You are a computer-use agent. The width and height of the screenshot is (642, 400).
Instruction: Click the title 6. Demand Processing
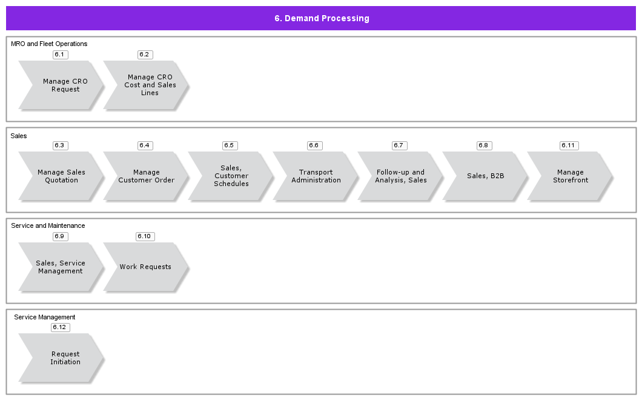tap(322, 18)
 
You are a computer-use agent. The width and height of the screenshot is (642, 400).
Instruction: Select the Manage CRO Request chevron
tap(61, 85)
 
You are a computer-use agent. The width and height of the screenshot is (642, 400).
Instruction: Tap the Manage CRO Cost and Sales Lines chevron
tap(145, 85)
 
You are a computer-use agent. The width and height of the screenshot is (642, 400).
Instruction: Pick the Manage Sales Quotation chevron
tap(61, 176)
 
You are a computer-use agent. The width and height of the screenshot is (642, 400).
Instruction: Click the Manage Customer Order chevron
tap(145, 176)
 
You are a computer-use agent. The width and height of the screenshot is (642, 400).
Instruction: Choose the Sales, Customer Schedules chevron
tap(230, 176)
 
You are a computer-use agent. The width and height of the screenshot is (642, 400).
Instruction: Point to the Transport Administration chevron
tap(315, 176)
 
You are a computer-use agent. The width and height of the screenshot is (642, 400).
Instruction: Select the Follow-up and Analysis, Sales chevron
tap(400, 176)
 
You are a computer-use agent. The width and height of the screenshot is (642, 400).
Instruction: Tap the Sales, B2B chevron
tap(485, 176)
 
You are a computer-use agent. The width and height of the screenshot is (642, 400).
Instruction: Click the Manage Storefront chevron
tap(569, 176)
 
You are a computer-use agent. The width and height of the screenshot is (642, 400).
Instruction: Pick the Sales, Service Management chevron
tap(61, 267)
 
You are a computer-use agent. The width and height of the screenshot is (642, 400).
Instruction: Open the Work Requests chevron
tap(145, 267)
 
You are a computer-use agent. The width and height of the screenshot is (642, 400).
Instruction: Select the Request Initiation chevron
tap(61, 358)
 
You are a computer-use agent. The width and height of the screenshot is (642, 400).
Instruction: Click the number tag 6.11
tap(569, 145)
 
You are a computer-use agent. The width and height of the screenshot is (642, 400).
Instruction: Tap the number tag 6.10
tap(145, 236)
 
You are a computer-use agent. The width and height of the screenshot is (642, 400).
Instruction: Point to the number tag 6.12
tap(61, 327)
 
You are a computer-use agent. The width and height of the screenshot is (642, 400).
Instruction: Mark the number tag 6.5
tap(230, 145)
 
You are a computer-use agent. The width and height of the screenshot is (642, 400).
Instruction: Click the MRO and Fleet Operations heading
tap(49, 44)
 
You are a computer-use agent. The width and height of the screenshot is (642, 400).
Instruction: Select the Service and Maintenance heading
tap(48, 226)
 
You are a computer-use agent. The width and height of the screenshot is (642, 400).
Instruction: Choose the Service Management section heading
tap(45, 317)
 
